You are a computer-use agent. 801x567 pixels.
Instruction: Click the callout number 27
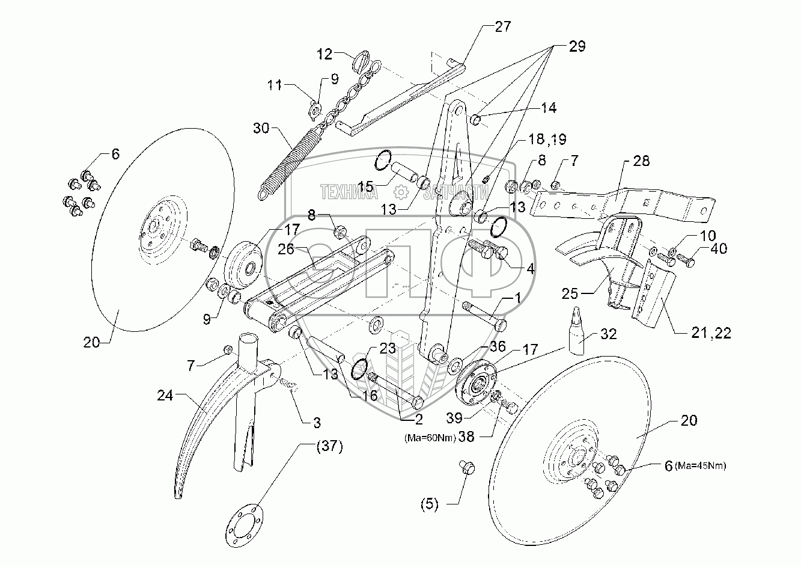[x=503, y=26]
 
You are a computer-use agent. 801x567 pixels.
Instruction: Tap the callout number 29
[x=576, y=46]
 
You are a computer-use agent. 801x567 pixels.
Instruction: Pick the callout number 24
[x=165, y=396]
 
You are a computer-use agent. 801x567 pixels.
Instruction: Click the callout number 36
[x=497, y=346]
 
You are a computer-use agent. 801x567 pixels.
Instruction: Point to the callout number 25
[x=570, y=295]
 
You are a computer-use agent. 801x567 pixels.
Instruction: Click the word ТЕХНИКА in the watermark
[x=349, y=192]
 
